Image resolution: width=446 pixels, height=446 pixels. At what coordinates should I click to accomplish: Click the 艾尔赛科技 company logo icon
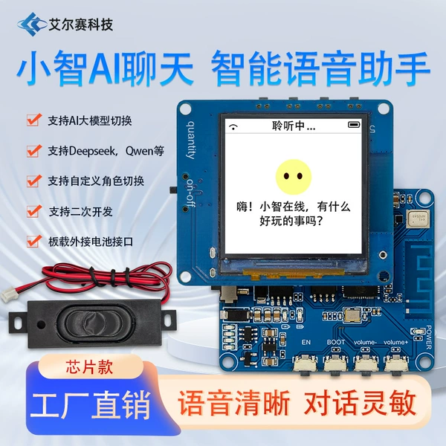tap(31, 25)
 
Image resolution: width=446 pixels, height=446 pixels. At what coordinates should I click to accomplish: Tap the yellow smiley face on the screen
tap(294, 177)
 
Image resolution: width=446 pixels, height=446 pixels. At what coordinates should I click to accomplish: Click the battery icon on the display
tap(354, 125)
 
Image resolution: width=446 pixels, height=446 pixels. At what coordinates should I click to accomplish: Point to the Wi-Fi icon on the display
tap(233, 127)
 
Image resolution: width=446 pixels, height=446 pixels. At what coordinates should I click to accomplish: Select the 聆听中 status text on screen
tap(294, 126)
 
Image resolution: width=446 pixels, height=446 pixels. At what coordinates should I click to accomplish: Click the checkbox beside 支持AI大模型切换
tap(34, 120)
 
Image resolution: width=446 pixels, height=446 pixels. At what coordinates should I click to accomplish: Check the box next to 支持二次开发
tap(34, 211)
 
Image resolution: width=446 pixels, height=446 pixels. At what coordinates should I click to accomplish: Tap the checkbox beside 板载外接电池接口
tap(34, 241)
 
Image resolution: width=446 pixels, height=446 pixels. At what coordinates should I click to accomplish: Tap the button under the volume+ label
tap(396, 363)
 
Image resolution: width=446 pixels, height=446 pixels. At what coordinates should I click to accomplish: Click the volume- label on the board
tap(365, 342)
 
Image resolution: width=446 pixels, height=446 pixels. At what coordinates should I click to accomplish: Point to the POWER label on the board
tap(429, 337)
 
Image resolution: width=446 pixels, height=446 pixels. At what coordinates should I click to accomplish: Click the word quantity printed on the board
tap(191, 140)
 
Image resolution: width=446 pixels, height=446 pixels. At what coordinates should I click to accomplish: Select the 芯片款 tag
tap(89, 367)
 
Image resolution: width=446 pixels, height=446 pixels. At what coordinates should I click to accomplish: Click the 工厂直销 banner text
tap(91, 405)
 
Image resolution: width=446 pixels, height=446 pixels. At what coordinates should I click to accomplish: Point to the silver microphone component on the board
tap(418, 219)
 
